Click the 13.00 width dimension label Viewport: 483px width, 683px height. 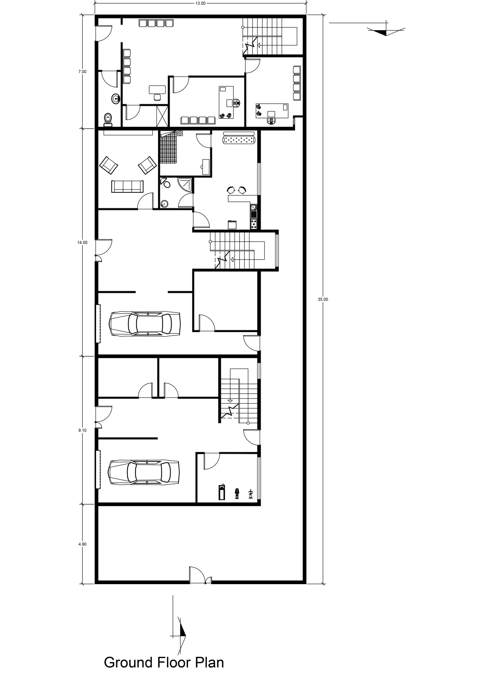point(200,4)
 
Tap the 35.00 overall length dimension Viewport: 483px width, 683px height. point(323,299)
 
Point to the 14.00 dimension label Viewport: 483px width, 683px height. point(82,243)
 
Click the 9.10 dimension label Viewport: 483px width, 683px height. point(83,430)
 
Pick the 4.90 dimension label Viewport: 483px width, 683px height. point(83,544)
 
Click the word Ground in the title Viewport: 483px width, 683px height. point(128,662)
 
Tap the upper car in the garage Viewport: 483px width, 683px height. point(145,323)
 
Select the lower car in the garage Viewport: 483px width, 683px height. point(144,472)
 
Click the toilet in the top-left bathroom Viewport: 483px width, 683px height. point(109,119)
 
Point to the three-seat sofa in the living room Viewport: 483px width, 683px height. point(128,186)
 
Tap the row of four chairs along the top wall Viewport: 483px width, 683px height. point(152,23)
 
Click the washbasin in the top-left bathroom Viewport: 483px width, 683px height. point(116,99)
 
